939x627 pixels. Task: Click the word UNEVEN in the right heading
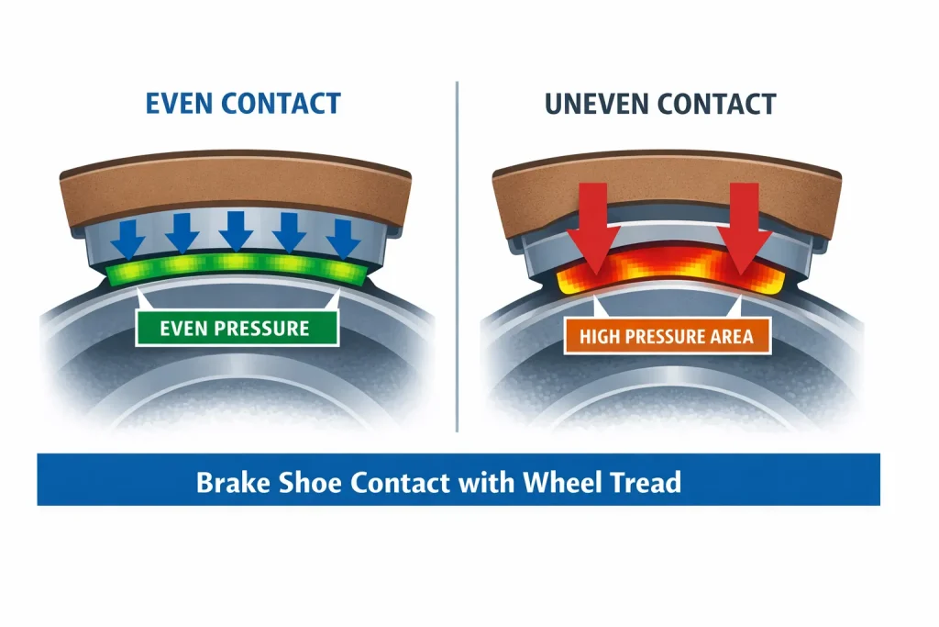(x=569, y=103)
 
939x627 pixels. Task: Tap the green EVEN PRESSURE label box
(x=237, y=328)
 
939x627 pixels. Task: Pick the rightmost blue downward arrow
(x=344, y=237)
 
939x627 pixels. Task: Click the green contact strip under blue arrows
(x=237, y=268)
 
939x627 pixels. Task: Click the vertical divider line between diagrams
(x=457, y=257)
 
